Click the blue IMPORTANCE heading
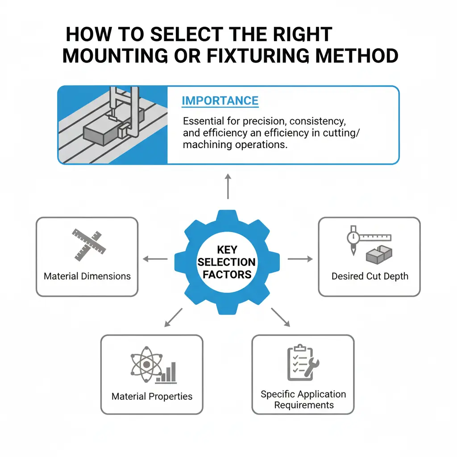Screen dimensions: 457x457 coord(220,100)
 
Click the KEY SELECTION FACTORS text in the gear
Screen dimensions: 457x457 coord(227,262)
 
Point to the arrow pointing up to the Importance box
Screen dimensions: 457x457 coord(228,187)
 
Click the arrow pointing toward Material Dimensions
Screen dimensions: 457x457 coord(154,259)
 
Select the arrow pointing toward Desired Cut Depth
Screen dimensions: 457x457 coord(300,259)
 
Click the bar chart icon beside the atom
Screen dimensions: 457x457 coord(168,373)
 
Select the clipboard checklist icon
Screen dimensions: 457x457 coord(297,362)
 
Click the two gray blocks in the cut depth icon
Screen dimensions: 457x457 coord(378,254)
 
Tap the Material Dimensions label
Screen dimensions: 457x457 coord(87,276)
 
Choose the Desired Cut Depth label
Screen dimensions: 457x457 coord(370,276)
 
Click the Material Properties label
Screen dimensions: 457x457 coord(152,396)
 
